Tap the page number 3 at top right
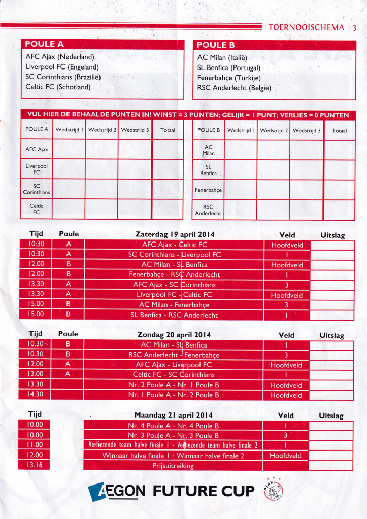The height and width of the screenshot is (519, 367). click(x=354, y=28)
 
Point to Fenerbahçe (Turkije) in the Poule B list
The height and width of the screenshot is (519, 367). click(x=229, y=78)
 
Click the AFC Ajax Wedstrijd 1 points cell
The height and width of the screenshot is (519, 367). click(x=69, y=149)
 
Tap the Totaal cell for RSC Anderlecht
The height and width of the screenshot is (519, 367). click(x=340, y=210)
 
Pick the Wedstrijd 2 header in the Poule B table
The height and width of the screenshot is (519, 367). click(x=274, y=130)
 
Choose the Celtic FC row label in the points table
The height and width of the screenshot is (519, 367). click(x=37, y=209)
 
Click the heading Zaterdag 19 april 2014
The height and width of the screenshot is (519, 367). click(x=175, y=234)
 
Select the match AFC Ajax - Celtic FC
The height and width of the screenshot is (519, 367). click(x=175, y=245)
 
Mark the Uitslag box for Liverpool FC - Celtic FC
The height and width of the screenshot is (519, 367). click(x=331, y=295)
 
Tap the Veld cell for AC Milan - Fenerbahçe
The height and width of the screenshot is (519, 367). click(x=286, y=305)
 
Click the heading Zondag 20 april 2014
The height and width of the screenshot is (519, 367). click(x=174, y=335)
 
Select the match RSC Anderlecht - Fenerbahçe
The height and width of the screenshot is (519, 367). click(x=174, y=355)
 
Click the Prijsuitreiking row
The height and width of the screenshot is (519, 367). click(x=173, y=465)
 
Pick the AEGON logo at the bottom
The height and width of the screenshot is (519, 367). click(x=116, y=491)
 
